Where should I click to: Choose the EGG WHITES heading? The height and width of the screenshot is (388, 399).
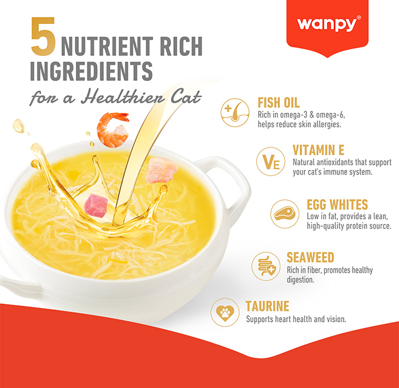tap(337, 205)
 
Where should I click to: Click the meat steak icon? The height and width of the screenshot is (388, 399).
tap(284, 213)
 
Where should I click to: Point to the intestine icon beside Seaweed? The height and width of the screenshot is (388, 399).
tap(266, 266)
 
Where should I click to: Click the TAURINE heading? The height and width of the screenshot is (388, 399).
tap(267, 306)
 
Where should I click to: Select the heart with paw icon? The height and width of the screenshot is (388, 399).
tap(225, 313)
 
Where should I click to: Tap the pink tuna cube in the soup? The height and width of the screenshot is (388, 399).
tap(95, 205)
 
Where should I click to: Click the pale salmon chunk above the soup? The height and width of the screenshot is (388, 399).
tap(161, 171)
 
